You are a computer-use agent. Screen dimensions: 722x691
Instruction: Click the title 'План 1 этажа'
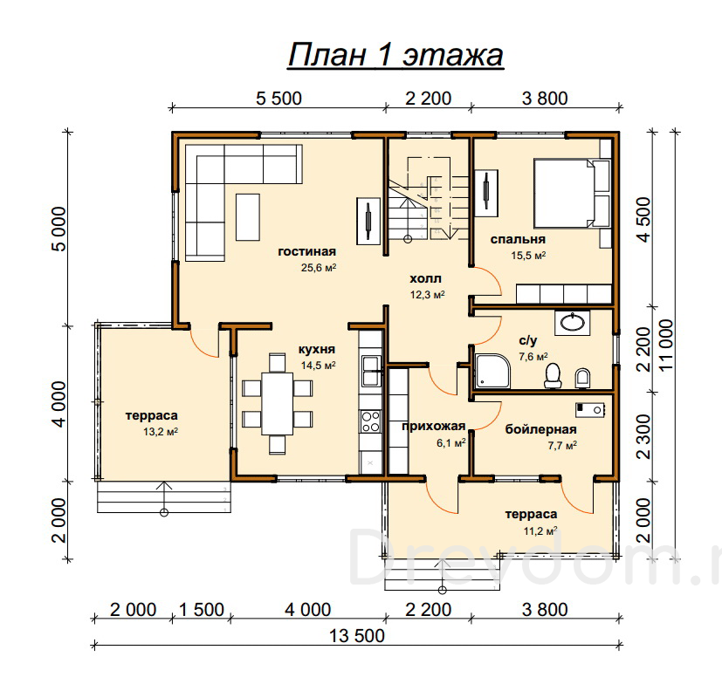tap(395, 55)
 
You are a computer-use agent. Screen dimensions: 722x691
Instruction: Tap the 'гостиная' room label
tap(307, 251)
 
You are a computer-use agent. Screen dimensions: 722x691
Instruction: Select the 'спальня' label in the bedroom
tap(518, 240)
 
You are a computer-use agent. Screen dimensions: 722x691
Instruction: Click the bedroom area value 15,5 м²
tap(528, 256)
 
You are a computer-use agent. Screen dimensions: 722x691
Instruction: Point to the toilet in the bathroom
tap(553, 375)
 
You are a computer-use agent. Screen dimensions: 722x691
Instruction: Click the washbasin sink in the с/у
tap(573, 323)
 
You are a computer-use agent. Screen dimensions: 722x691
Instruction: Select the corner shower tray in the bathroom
tap(492, 371)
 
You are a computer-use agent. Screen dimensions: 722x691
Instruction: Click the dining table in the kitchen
tap(278, 404)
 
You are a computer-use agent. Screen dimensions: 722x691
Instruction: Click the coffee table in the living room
tap(248, 217)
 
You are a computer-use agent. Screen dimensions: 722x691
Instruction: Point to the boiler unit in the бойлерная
tap(590, 410)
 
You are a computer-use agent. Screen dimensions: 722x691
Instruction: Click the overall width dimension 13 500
tap(357, 636)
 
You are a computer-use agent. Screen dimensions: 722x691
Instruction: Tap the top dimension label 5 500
tap(278, 99)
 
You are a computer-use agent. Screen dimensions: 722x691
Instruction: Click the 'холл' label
tap(425, 279)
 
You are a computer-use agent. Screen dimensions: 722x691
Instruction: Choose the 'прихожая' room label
tap(434, 427)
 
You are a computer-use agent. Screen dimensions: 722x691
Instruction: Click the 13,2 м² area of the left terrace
tap(161, 432)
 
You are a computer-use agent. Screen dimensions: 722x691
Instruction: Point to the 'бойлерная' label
tap(541, 429)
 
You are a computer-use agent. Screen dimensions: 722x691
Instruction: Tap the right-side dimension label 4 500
tap(644, 220)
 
